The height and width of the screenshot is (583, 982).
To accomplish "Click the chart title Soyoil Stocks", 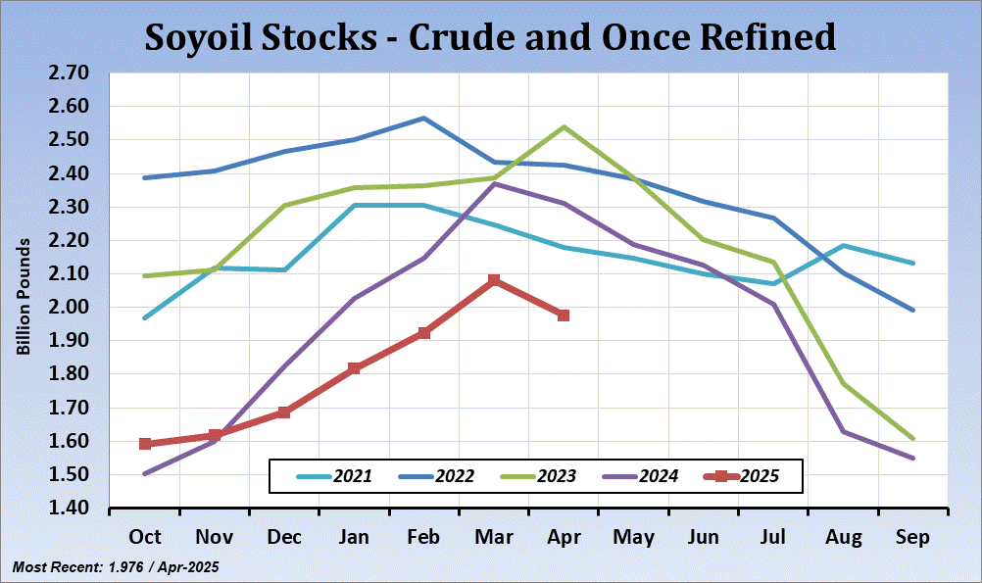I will pos(490,37).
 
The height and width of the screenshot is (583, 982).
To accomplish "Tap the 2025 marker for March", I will pos(494,281).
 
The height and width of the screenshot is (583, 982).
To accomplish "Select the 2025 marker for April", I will pos(564,316).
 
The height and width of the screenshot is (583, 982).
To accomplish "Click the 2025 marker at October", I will pos(145,444).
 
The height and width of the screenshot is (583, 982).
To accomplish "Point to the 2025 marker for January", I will pos(355,368).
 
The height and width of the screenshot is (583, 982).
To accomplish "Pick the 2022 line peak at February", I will pos(423,119).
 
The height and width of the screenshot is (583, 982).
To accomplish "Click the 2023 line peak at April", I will pos(564,126).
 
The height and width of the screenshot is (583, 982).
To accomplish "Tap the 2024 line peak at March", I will pos(494,183).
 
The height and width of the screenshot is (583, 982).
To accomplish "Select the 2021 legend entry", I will pos(332,477).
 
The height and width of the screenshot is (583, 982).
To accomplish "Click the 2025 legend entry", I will pos(741,477).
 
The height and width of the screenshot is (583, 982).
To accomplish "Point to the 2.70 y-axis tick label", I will pos(68,73).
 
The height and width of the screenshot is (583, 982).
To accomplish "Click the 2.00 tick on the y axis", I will pos(68,308).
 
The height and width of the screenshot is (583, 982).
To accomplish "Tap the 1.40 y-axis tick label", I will pos(68,509).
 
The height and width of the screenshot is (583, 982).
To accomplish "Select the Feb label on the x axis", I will pos(423,537).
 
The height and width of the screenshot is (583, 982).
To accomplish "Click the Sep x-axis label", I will pos(912,537).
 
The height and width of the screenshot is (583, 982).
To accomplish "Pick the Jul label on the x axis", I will pos(773,537).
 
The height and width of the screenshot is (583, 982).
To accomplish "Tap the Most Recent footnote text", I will pos(115,567).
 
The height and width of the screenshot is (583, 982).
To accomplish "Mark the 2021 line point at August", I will pos(843,245).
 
